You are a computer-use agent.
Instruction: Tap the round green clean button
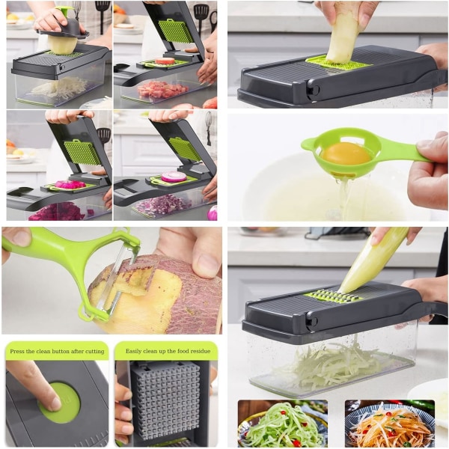point(60,403)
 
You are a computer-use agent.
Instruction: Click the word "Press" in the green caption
point(18,352)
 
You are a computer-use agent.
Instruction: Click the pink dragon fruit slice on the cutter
point(70,184)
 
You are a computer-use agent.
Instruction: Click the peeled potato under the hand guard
point(62,43)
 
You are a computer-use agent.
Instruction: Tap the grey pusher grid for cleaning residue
point(166,401)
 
